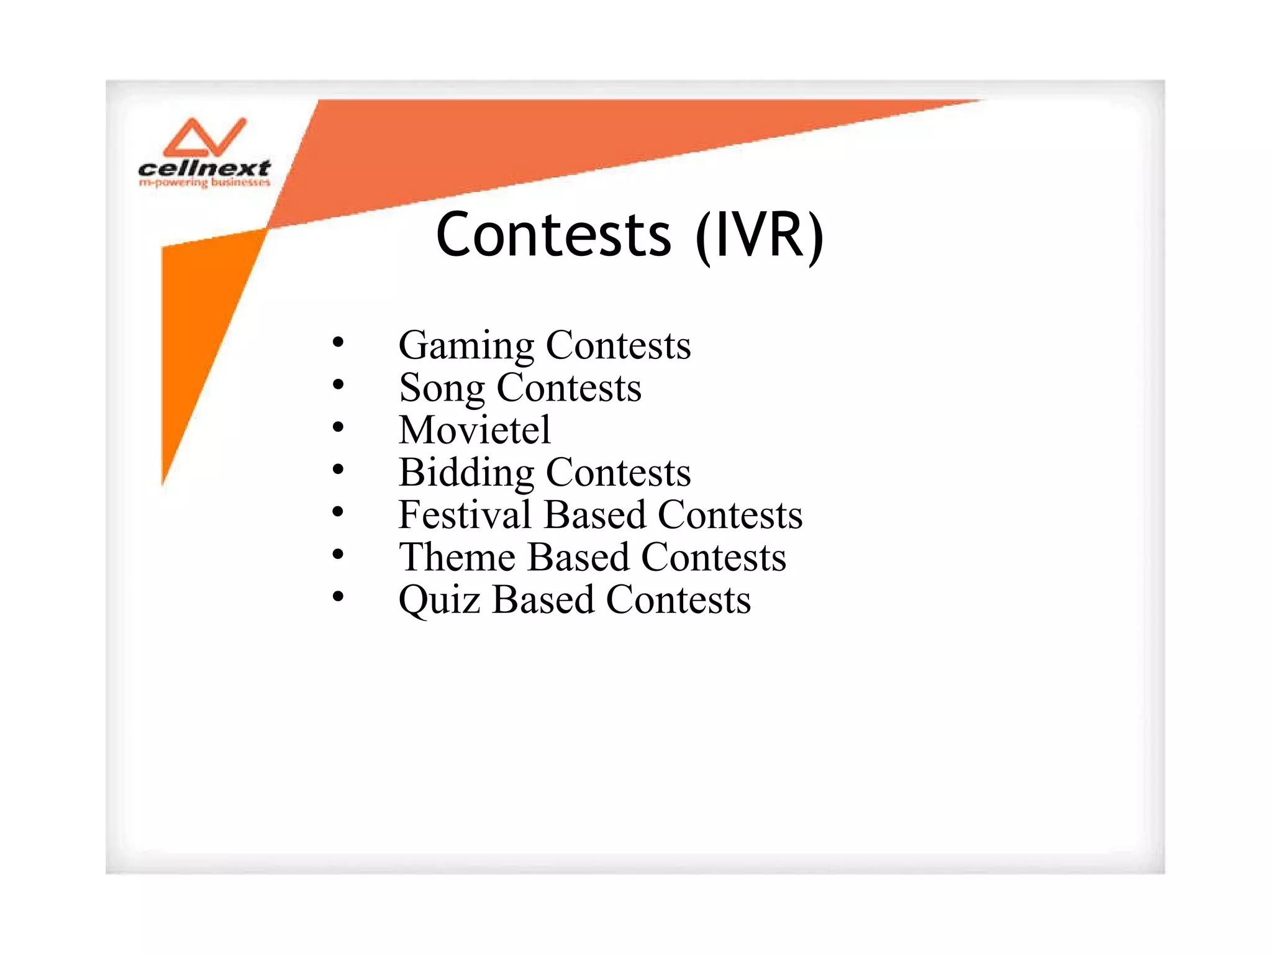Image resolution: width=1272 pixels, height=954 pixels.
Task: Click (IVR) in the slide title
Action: pos(759,236)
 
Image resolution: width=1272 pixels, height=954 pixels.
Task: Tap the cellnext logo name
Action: pos(204,168)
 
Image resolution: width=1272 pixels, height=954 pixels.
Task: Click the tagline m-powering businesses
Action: pos(204,183)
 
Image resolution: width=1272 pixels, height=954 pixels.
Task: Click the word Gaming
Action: pos(466,345)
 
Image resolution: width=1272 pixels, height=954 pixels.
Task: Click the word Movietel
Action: pos(475,430)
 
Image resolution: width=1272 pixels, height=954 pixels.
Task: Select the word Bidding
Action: pos(466,473)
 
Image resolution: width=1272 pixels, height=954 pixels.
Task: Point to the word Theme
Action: pos(457,557)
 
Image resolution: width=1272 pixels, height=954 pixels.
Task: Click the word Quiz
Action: pos(439,600)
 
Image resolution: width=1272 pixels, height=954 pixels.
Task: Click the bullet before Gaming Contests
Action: pos(338,342)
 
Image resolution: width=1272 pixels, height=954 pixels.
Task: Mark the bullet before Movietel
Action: pos(338,427)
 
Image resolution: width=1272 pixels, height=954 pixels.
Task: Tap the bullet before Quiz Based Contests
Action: pos(338,597)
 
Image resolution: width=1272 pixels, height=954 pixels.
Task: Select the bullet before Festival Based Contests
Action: pos(338,512)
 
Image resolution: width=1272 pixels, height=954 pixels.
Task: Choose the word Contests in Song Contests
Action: pos(568,388)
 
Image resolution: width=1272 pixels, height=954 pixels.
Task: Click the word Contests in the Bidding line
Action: pos(618,473)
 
